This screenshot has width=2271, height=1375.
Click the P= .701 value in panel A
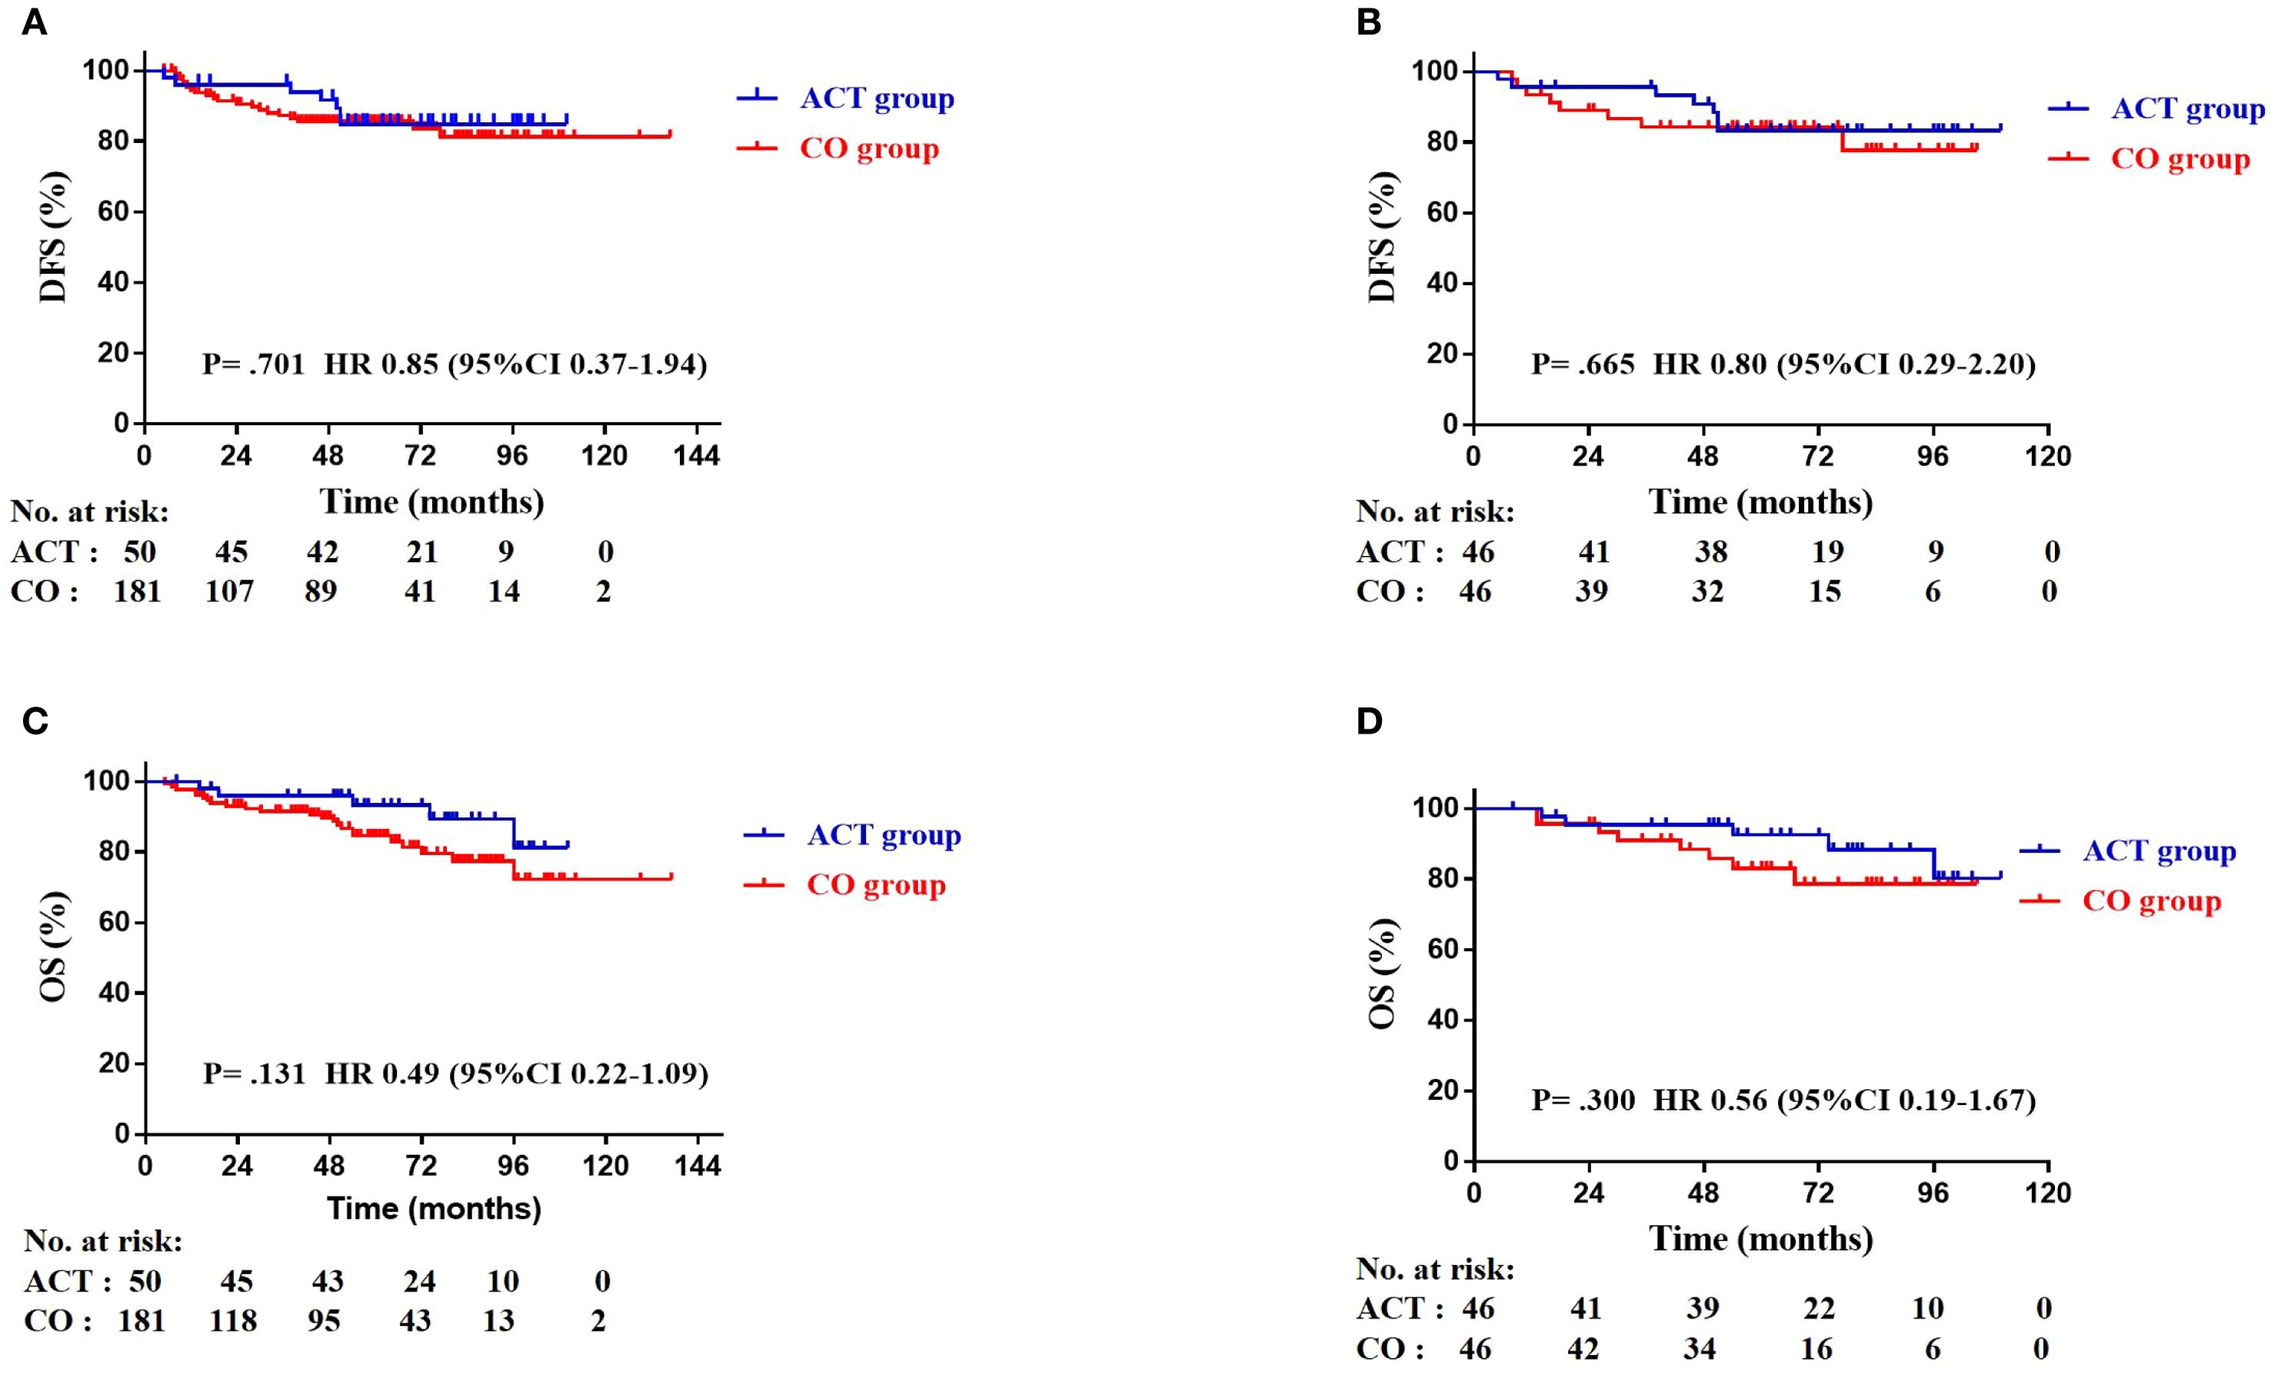[254, 365]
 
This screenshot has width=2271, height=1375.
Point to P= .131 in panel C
[254, 1074]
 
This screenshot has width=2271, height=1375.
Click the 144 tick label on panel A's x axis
[696, 456]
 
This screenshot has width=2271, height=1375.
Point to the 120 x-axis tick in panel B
[2048, 456]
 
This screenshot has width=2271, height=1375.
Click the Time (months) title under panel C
[434, 1208]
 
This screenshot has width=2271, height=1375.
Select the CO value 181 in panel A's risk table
[138, 591]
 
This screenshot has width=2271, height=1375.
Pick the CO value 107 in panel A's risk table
[229, 591]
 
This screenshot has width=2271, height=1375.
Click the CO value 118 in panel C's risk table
[232, 1321]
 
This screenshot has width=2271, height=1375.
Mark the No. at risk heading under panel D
[1435, 1270]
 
